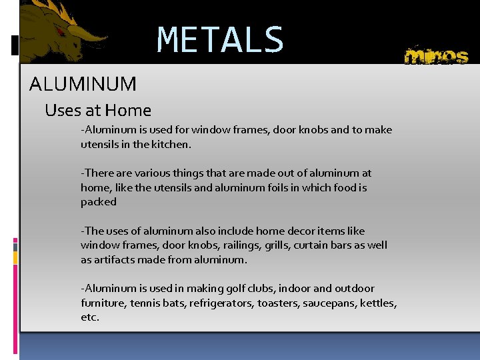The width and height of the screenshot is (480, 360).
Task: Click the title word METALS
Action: [220, 40]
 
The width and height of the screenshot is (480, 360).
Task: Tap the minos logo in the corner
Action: [437, 56]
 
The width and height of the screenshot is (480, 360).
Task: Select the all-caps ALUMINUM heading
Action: [83, 84]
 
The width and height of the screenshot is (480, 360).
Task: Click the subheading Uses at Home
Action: [98, 110]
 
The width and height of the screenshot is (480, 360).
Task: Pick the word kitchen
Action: [170, 144]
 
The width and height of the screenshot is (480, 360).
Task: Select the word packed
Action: [99, 202]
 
